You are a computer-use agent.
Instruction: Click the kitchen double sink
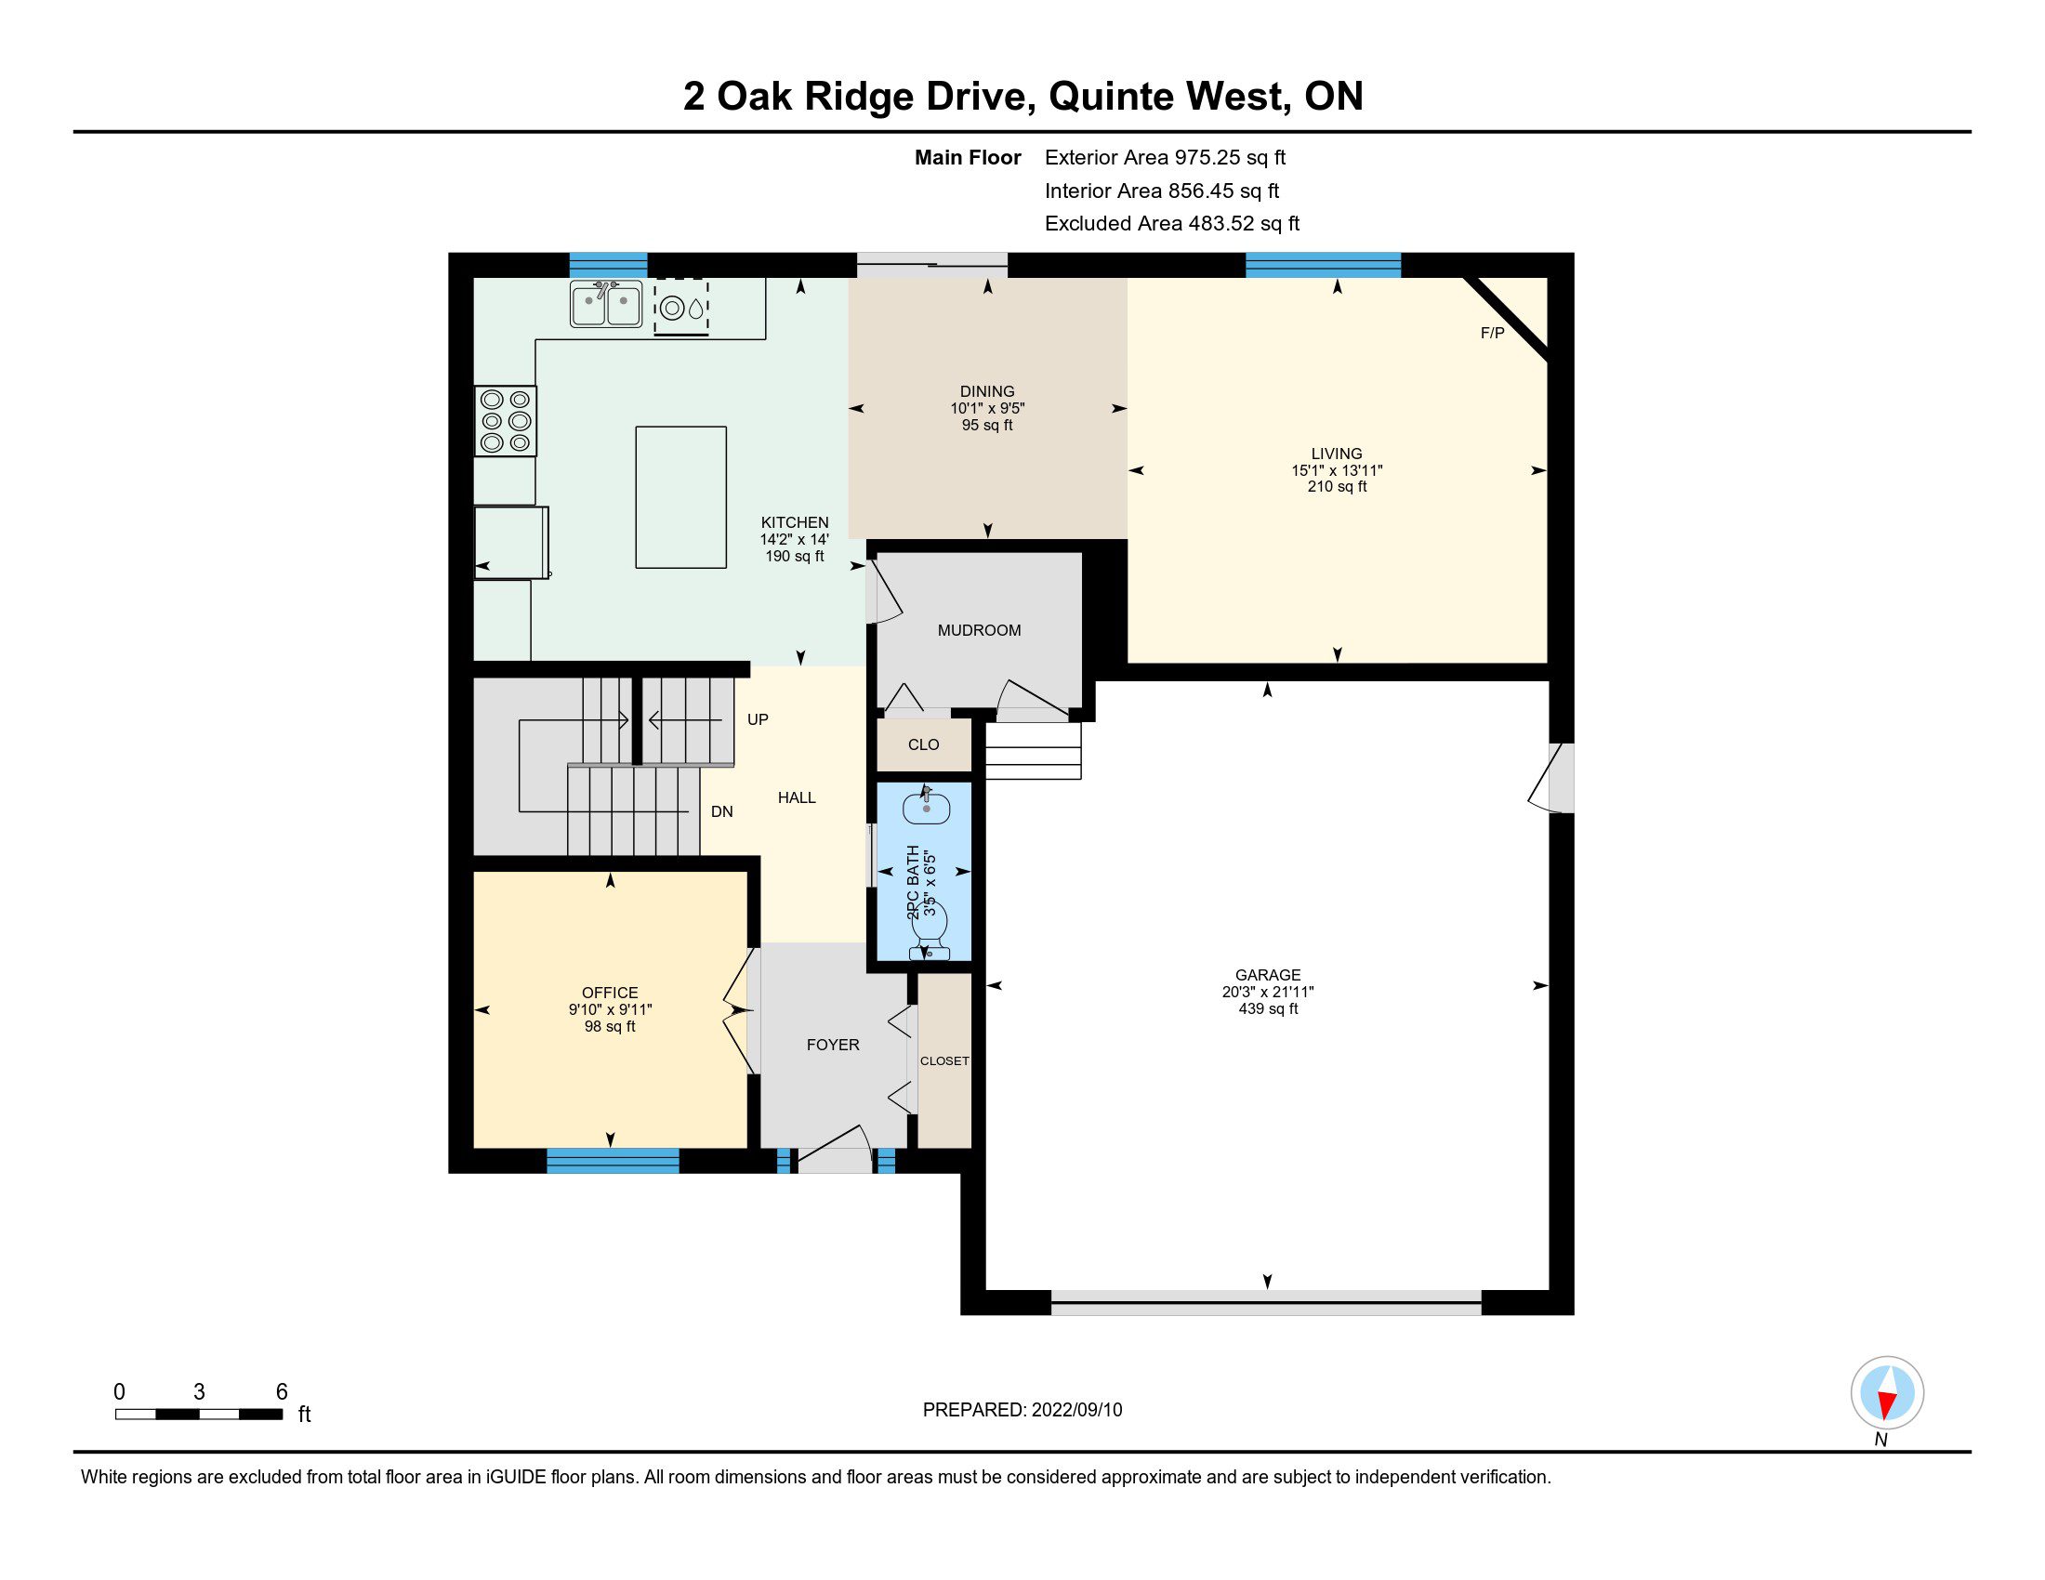[x=606, y=303]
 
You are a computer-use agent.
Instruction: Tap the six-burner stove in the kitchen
[x=506, y=421]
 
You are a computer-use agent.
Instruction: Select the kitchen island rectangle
[x=680, y=497]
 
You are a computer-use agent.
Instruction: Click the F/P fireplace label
[x=1493, y=334]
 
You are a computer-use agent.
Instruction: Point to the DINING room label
[x=987, y=391]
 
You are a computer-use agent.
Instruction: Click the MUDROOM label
[x=980, y=630]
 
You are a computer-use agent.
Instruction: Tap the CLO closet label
[x=923, y=744]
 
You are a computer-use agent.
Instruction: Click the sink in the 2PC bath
[x=926, y=806]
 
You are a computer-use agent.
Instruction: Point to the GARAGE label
[x=1268, y=974]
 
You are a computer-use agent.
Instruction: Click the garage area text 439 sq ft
[x=1268, y=1008]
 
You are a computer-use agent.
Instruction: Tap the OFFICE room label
[x=610, y=993]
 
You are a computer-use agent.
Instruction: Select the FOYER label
[x=833, y=1045]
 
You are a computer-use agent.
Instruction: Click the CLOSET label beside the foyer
[x=944, y=1060]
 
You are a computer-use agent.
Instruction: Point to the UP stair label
[x=758, y=718]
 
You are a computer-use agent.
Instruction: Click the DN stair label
[x=721, y=811]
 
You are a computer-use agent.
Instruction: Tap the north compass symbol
[x=1887, y=1393]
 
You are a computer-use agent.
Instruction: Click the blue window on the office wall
[x=613, y=1161]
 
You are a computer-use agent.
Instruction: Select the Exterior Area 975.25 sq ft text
[x=1166, y=157]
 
